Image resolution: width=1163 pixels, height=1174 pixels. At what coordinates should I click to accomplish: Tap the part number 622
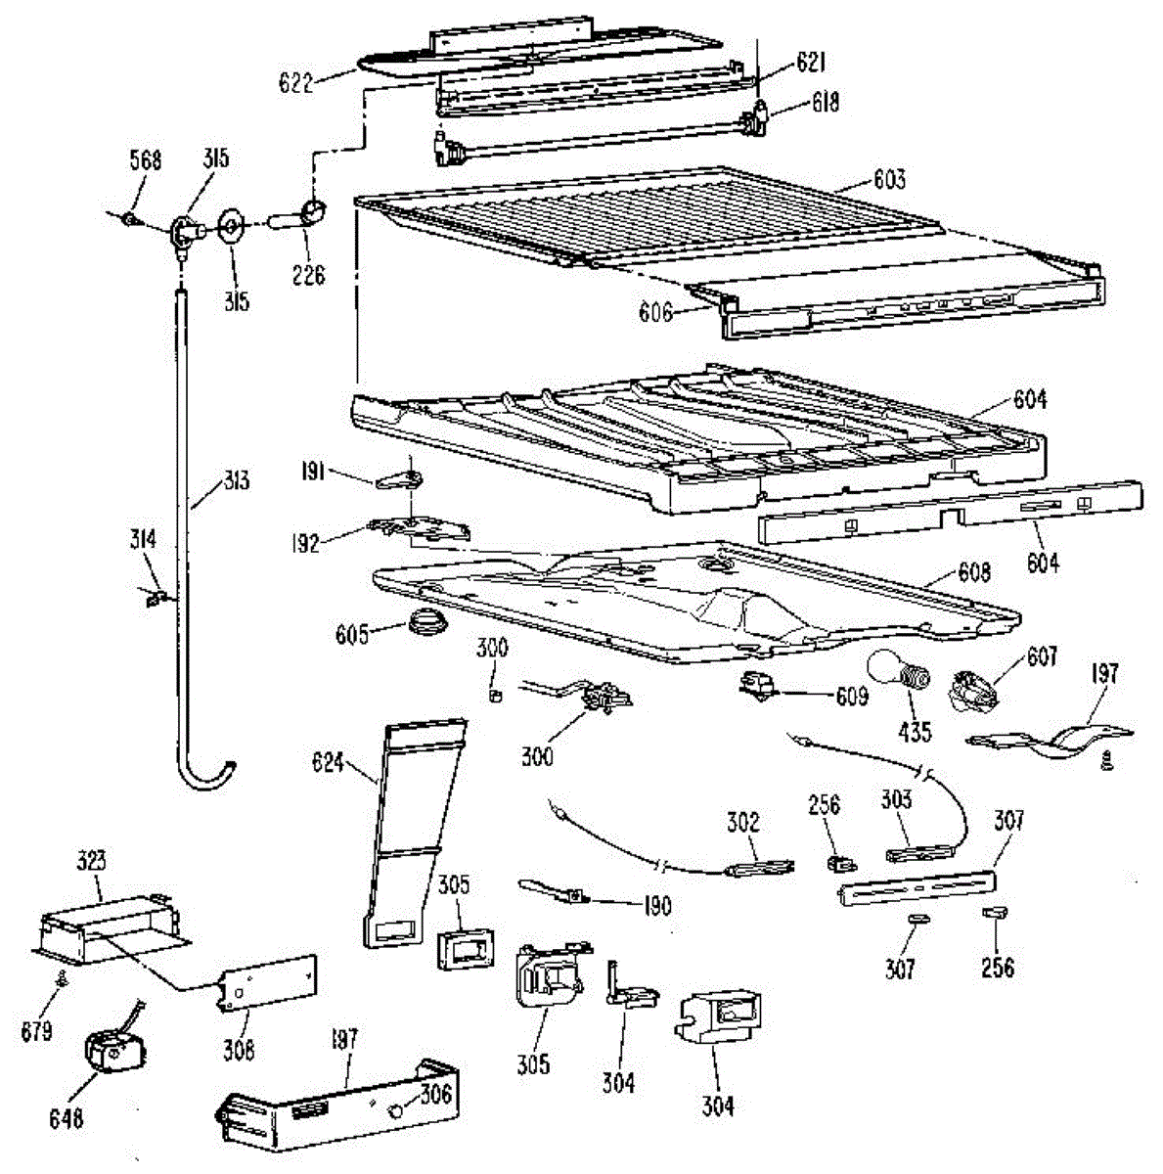pos(295,83)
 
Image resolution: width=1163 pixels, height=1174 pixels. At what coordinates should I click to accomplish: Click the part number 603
pos(889,179)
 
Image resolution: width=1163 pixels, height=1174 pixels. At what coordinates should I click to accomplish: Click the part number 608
pos(973,572)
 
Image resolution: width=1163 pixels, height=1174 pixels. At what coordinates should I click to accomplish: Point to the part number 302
pos(743,822)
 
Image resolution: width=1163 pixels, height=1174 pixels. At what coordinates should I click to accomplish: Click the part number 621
pos(810,64)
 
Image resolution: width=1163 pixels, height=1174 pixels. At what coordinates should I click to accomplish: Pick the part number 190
pos(658,906)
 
